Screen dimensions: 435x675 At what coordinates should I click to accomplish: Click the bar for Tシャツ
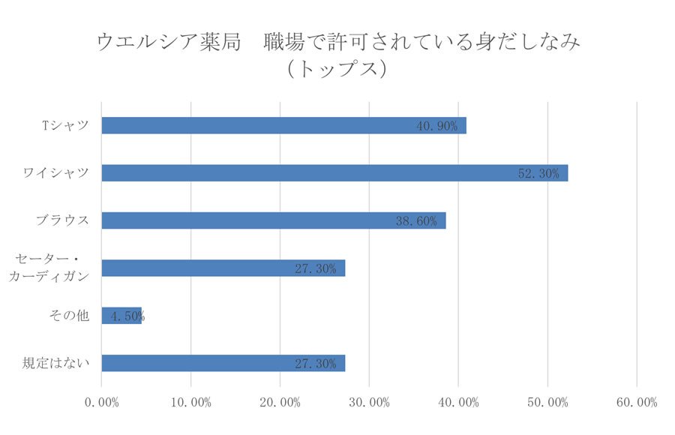pos(283,125)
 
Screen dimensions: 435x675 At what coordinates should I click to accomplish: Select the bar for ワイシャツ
pos(334,172)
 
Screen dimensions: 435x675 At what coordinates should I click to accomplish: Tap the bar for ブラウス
pos(274,220)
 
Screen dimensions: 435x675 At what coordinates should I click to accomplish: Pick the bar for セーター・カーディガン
pos(223,268)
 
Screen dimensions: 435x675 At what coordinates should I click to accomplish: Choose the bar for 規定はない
pos(223,363)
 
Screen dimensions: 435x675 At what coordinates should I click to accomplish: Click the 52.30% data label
pos(538,173)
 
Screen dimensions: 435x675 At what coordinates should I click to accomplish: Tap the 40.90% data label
pos(436,126)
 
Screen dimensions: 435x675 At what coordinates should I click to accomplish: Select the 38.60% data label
pos(415,221)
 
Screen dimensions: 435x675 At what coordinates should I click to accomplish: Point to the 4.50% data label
pos(126,316)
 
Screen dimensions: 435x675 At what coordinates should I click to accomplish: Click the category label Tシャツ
pos(65,125)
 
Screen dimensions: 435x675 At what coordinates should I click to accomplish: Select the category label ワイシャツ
pos(56,172)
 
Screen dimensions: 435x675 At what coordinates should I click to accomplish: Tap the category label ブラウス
pos(62,220)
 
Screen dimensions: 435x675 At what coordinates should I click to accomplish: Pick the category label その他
pos(68,316)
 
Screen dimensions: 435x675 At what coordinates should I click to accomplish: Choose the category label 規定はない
pos(56,363)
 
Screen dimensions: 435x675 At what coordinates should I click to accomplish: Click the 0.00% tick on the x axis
pos(102,403)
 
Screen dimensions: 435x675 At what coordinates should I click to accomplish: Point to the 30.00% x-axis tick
pos(370,403)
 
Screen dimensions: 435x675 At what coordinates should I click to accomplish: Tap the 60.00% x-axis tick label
pos(637,403)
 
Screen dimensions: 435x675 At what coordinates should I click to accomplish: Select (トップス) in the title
pos(337,69)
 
